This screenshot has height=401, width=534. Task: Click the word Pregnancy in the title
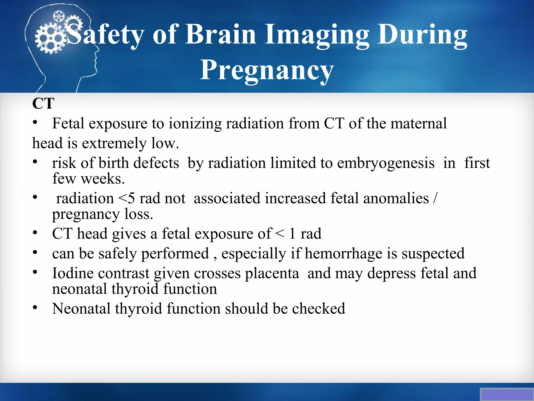pyautogui.click(x=267, y=70)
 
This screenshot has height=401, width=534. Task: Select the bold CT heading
pyautogui.click(x=43, y=103)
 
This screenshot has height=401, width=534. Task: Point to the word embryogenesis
pyautogui.click(x=386, y=163)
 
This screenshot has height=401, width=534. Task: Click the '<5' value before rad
pyautogui.click(x=126, y=198)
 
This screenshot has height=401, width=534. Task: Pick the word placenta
pyautogui.click(x=272, y=274)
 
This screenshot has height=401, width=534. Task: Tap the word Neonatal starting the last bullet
pyautogui.click(x=81, y=309)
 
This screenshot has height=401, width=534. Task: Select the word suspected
pyautogui.click(x=433, y=253)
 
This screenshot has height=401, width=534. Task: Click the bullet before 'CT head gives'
pyautogui.click(x=35, y=232)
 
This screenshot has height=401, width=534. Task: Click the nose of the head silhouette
pyautogui.click(x=98, y=49)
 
